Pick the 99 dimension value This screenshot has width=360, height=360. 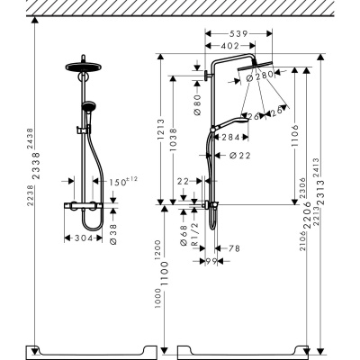tap(213, 261)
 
